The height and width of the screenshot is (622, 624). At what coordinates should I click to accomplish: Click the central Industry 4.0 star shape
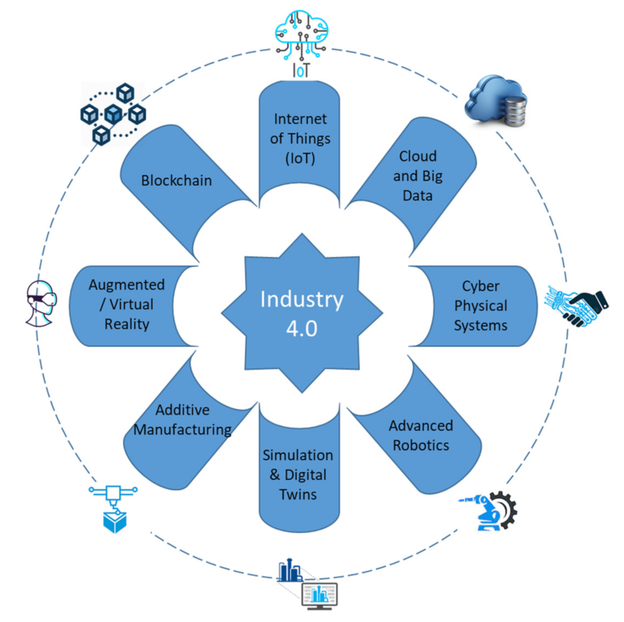click(x=301, y=312)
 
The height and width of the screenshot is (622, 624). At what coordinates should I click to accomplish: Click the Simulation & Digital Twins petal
click(x=298, y=474)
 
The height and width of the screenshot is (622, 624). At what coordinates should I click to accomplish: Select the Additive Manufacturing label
click(x=182, y=420)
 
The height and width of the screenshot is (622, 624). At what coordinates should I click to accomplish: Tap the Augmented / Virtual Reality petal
click(x=126, y=304)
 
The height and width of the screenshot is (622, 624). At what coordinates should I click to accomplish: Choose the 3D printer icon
click(x=112, y=509)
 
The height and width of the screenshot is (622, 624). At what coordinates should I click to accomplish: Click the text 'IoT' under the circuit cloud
click(x=301, y=70)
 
